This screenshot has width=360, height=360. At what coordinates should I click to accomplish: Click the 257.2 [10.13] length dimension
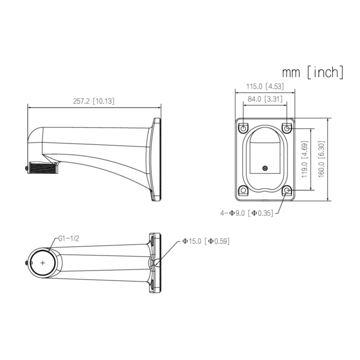coord(94,101)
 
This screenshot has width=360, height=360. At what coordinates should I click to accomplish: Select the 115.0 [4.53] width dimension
coord(265,86)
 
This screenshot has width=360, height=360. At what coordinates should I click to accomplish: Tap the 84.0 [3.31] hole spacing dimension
coord(265,99)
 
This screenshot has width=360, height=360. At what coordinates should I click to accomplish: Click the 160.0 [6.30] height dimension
coord(321,159)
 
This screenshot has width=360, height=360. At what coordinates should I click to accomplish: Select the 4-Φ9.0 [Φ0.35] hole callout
coord(246,213)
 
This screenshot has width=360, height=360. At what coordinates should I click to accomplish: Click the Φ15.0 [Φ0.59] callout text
coord(206,241)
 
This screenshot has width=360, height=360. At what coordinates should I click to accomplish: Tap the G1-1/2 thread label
coord(69,238)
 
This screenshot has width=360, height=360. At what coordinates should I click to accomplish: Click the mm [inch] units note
coord(312,72)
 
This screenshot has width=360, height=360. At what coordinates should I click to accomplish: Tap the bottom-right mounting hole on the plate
coord(287,191)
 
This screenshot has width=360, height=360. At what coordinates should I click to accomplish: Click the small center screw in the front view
coord(265,168)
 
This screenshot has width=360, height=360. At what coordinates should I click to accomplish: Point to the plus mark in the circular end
coord(43,262)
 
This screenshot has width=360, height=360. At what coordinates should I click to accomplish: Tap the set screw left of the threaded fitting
coord(27,168)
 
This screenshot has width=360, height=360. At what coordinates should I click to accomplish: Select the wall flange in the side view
coord(156,159)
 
